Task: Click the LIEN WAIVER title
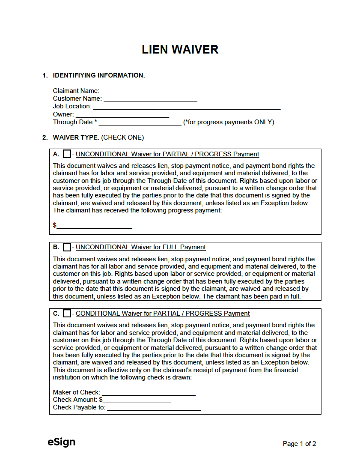(x=180, y=50)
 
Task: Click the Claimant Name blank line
(x=148, y=91)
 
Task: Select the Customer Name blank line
(x=150, y=99)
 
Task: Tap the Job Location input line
(x=187, y=107)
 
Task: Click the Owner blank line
(x=122, y=114)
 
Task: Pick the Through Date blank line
(x=140, y=122)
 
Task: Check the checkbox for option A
(x=67, y=154)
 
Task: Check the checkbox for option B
(x=67, y=247)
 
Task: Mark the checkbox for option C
(x=67, y=314)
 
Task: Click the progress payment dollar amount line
(x=94, y=226)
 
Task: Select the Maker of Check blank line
(x=149, y=392)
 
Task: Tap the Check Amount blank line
(x=137, y=400)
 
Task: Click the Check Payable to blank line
(x=154, y=408)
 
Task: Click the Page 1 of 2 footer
(x=299, y=444)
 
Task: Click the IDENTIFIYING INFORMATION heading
(x=98, y=75)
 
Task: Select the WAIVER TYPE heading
(x=76, y=137)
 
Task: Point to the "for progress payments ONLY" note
(x=229, y=122)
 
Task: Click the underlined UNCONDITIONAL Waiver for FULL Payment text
(x=140, y=247)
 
